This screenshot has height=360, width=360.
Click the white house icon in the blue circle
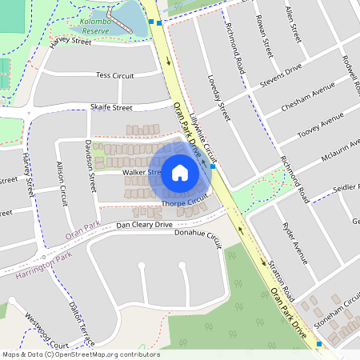tap(180, 172)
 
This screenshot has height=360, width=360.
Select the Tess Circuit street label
tap(114, 74)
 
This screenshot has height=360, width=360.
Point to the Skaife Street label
tap(111, 107)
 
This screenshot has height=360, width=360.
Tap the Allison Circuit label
tap(62, 183)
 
